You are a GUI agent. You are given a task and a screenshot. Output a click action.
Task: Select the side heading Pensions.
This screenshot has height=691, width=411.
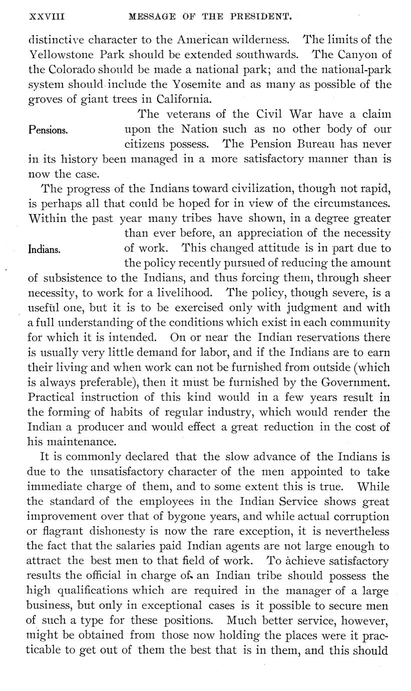pyautogui.click(x=49, y=130)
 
